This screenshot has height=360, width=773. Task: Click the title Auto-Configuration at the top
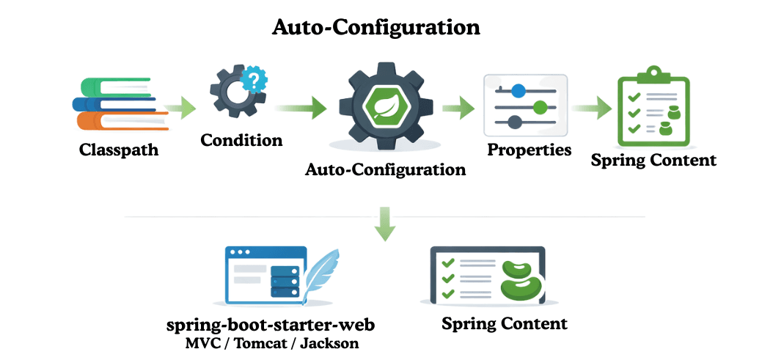pos(375,27)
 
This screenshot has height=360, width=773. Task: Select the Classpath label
pos(119,150)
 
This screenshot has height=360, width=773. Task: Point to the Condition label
pos(241,140)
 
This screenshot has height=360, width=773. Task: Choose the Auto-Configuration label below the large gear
pos(385,170)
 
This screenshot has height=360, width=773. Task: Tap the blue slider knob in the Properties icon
pos(518,91)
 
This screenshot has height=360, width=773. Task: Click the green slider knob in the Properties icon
pos(541,108)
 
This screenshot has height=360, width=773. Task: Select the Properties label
pos(530,150)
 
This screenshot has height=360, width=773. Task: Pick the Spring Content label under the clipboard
pos(653,160)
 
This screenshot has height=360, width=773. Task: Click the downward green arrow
pos(384,224)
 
